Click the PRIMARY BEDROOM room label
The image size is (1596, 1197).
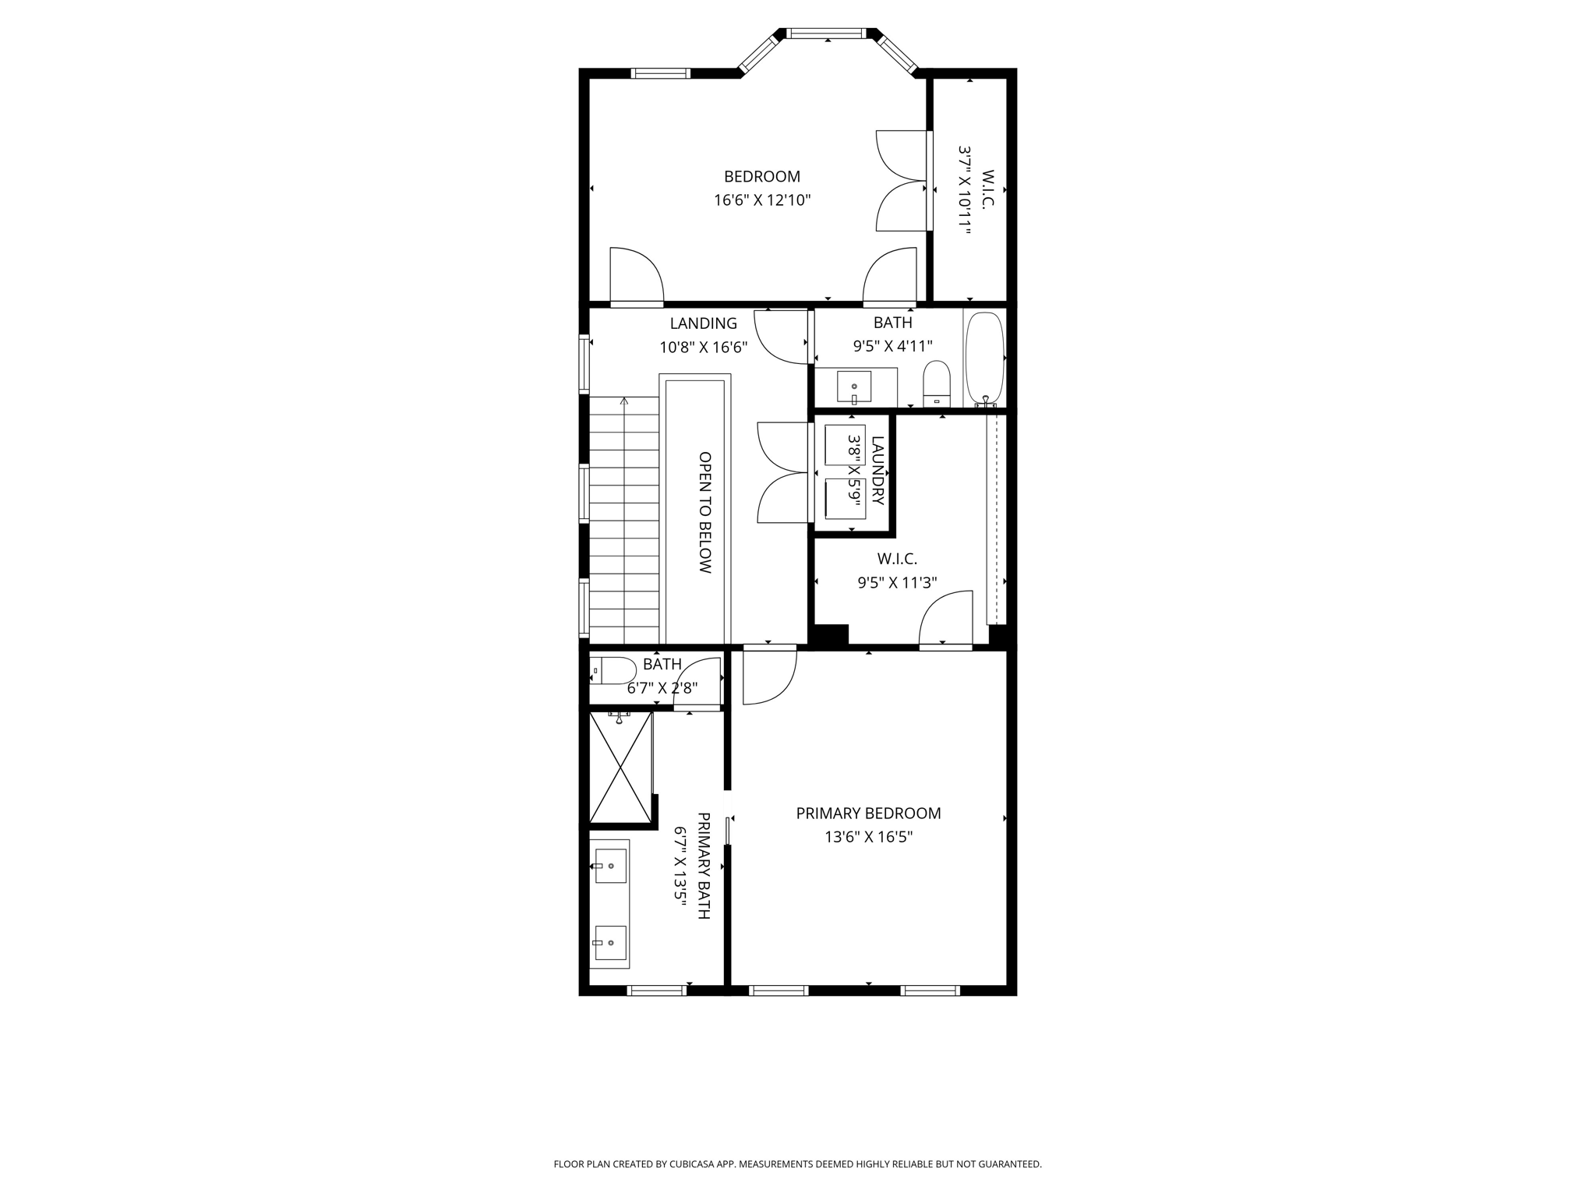tap(868, 814)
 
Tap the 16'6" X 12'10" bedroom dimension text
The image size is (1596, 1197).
tap(762, 200)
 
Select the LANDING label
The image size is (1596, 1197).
tap(704, 323)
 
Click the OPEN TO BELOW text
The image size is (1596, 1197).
tap(704, 513)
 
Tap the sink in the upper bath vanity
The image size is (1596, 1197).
tap(854, 387)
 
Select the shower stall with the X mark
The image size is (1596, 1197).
tap(620, 768)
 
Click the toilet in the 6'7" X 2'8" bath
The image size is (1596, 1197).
tap(613, 670)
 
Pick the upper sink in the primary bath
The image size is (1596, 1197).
tap(611, 866)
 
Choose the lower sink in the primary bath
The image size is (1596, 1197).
tap(611, 942)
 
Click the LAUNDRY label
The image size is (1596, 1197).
tap(877, 471)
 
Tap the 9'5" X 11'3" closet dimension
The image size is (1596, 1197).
tap(897, 582)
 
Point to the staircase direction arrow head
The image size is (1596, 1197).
tap(623, 401)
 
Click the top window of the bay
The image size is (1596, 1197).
tap(826, 34)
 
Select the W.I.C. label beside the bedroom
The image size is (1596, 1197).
tap(987, 189)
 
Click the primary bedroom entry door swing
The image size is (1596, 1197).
tap(770, 675)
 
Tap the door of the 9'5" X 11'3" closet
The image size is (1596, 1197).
tap(946, 618)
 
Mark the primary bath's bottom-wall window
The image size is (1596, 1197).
tap(657, 990)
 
